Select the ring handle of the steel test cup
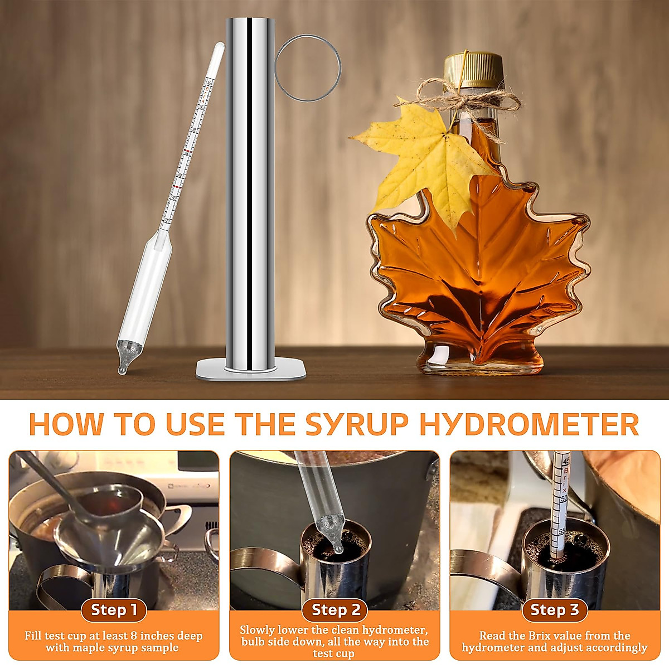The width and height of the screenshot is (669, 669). point(308,68)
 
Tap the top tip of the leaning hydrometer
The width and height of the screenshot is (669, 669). point(219,47)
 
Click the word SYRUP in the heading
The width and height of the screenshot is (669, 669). point(357,425)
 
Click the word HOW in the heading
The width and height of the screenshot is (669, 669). point(66,425)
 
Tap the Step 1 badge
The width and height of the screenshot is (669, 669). point(114,610)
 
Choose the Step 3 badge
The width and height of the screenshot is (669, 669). point(554,610)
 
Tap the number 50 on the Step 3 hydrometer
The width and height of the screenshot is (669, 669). point(564,498)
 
